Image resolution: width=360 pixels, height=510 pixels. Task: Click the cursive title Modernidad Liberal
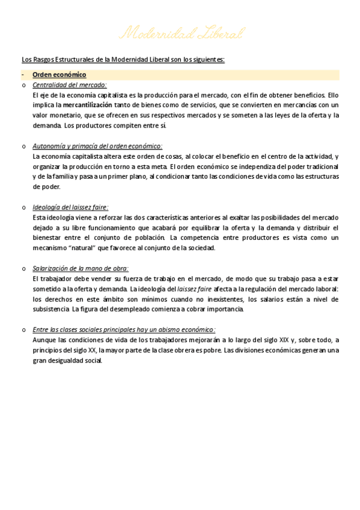pos(181,33)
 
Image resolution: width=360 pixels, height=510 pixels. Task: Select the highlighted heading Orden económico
pos(59,75)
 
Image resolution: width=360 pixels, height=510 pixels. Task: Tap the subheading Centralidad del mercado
pos(69,85)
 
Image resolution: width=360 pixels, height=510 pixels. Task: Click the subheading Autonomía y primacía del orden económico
pos(97,146)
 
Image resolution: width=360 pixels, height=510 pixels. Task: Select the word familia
pos(63,177)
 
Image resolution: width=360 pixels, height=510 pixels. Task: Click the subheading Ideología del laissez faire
pos(70,207)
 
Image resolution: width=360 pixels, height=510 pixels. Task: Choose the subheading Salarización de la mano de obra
pos(81,268)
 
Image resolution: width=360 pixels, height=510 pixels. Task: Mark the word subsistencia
pos(51,309)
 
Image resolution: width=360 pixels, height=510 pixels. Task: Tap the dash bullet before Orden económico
pos(23,75)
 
